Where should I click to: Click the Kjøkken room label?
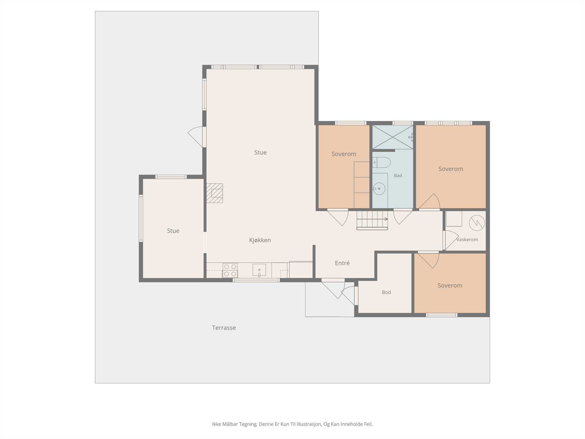click(x=260, y=240)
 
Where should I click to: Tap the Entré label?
click(x=342, y=263)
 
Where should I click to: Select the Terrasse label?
click(x=224, y=328)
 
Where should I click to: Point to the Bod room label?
click(x=386, y=292)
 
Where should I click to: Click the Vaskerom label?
click(x=467, y=240)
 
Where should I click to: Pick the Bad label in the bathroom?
click(x=398, y=176)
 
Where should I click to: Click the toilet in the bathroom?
click(x=381, y=162)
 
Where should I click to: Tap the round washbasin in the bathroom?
click(x=379, y=189)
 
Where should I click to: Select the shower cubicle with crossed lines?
click(x=393, y=137)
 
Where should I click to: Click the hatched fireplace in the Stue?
click(x=215, y=193)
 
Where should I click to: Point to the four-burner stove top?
click(x=230, y=270)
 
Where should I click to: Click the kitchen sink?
click(x=259, y=270)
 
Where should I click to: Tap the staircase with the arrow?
click(x=372, y=220)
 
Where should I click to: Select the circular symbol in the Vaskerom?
click(x=477, y=223)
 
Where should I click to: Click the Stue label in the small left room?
click(x=173, y=231)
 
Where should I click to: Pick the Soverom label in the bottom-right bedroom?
click(x=450, y=285)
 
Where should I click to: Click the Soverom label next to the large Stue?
click(x=344, y=154)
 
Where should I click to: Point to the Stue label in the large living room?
click(x=260, y=153)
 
